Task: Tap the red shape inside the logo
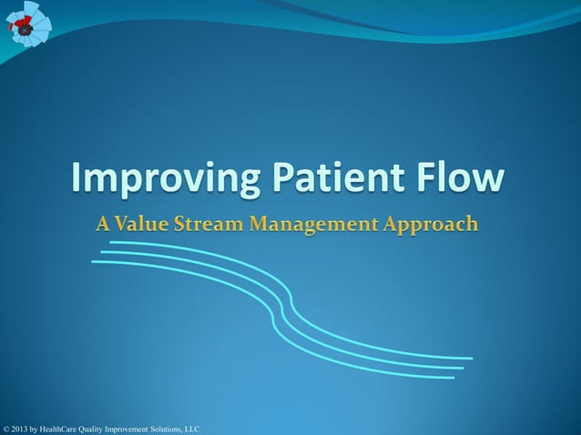(x=17, y=27)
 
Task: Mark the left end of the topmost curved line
(x=111, y=243)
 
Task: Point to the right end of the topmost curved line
(x=471, y=358)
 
